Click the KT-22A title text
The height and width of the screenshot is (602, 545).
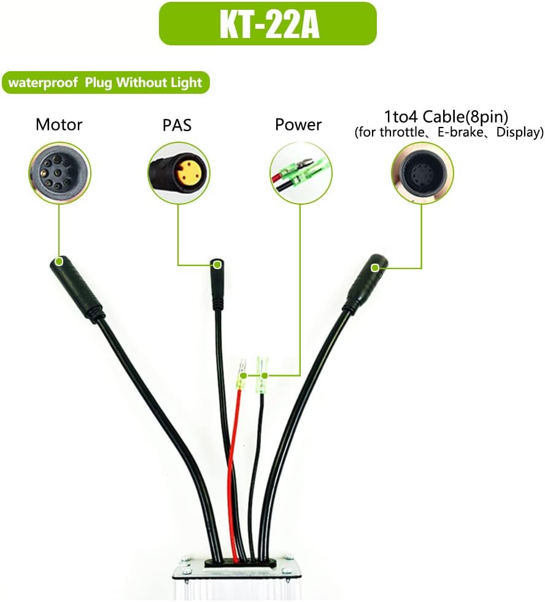269,25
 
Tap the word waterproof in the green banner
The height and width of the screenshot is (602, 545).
43,83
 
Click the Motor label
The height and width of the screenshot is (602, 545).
59,125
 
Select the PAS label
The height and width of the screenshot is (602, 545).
177,125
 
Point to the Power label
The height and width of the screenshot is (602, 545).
298,125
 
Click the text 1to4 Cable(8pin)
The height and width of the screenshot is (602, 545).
446,116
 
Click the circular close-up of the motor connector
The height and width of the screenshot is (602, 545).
60,173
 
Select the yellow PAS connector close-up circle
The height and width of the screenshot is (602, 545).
179,173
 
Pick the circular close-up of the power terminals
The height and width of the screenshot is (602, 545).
301,173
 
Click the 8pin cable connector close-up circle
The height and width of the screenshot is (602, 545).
422,173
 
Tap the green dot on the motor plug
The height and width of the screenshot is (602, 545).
59,261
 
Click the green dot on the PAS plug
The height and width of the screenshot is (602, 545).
217,265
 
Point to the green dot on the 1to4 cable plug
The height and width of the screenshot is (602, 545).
375,268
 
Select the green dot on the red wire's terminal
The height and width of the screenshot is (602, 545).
243,375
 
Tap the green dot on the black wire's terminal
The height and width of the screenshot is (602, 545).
264,375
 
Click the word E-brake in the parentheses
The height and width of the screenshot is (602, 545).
460,132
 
